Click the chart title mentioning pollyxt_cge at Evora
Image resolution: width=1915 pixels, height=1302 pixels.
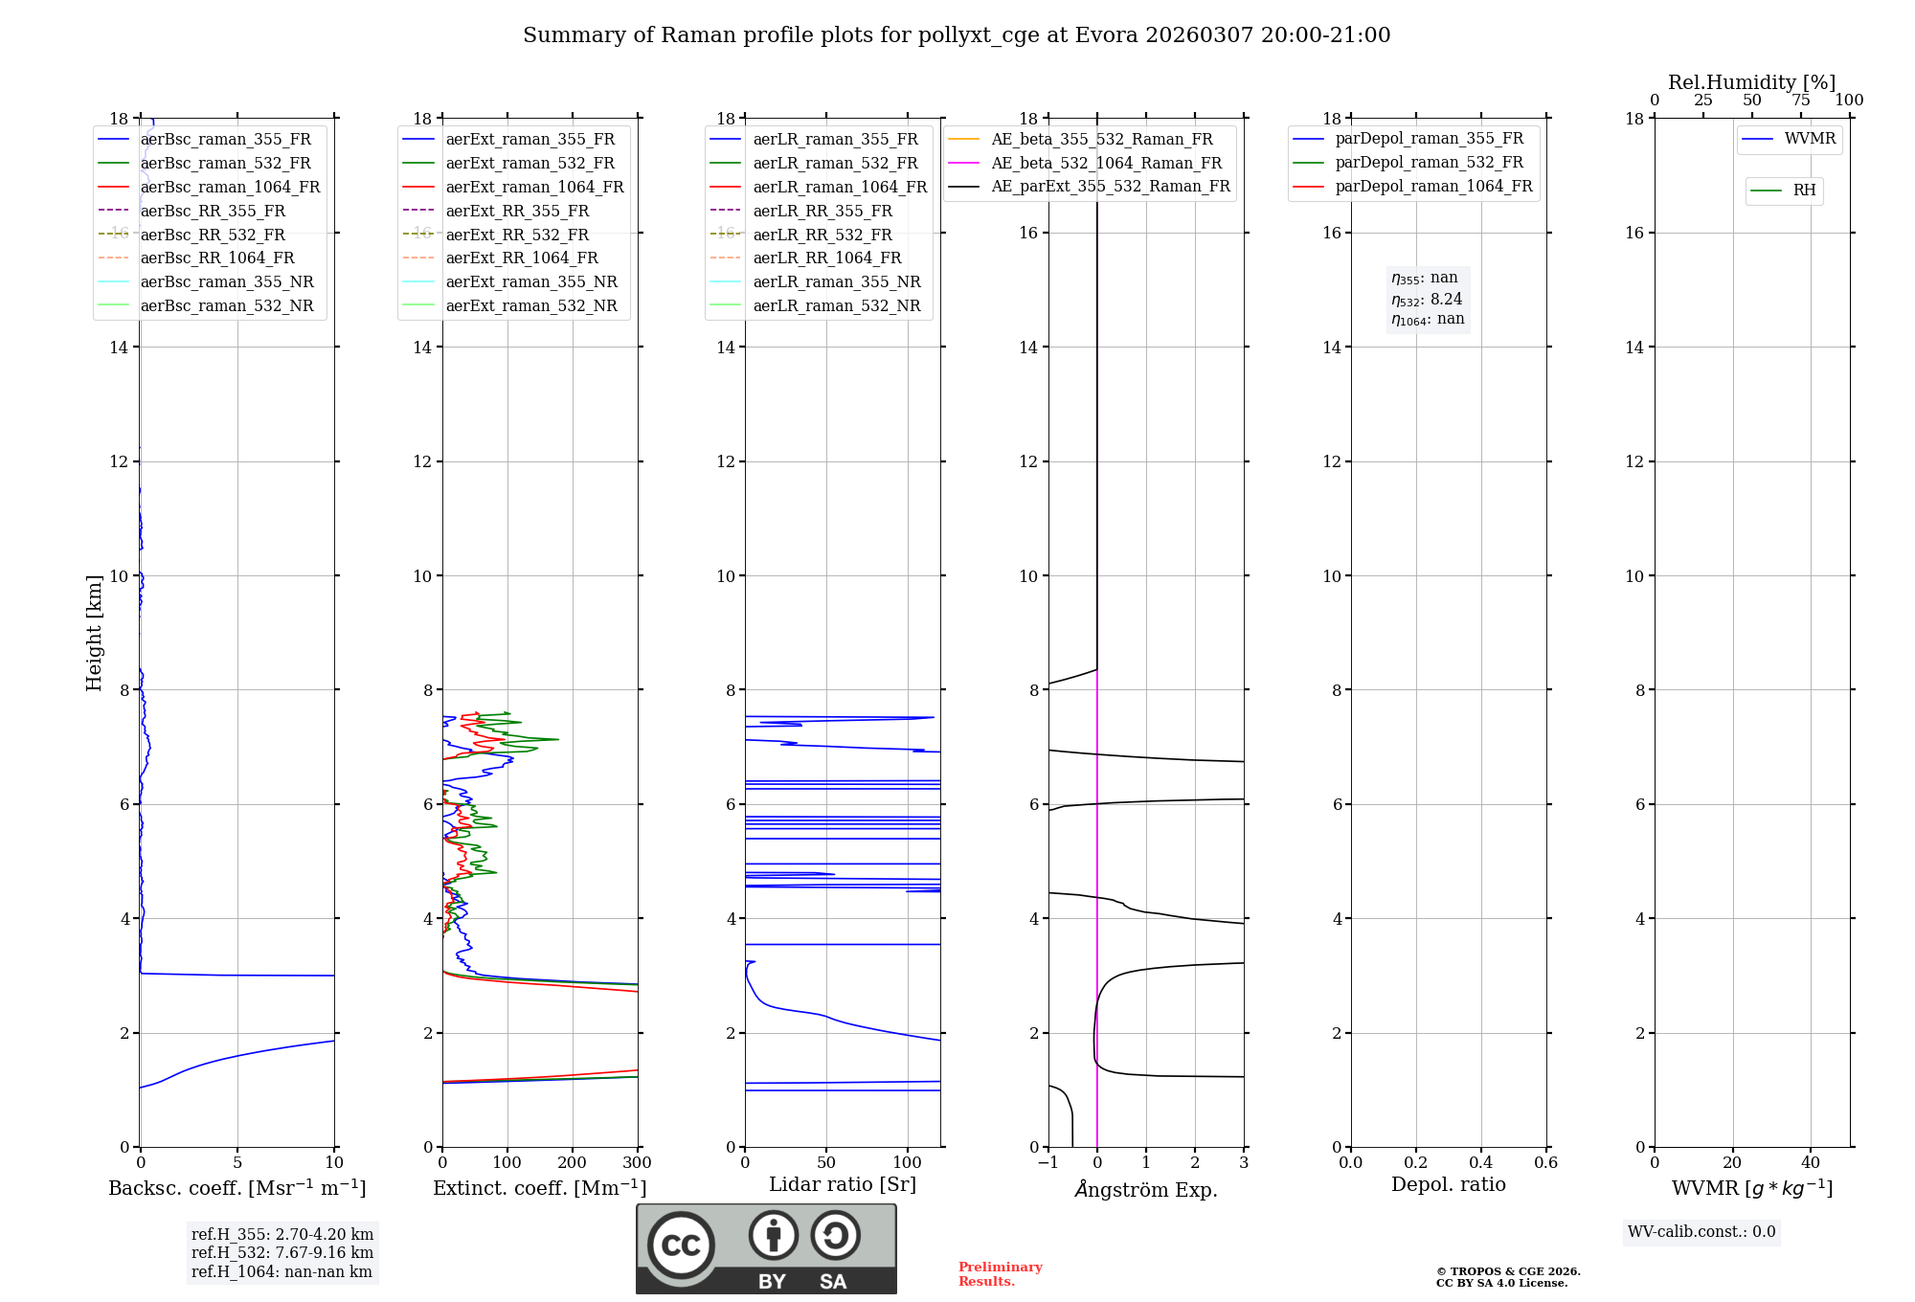point(957,35)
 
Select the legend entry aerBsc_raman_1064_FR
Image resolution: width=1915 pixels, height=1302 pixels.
point(230,187)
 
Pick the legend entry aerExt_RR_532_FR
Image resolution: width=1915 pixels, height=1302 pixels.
point(517,235)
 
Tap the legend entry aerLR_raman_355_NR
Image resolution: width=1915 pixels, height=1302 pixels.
point(836,281)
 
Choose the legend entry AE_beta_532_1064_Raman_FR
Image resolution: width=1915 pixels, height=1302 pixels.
point(1106,163)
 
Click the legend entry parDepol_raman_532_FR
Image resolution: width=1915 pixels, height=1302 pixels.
point(1429,163)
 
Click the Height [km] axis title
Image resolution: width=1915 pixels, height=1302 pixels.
point(94,633)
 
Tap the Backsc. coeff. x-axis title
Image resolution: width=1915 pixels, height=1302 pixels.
point(237,1188)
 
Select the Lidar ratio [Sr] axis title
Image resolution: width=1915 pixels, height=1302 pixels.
point(843,1184)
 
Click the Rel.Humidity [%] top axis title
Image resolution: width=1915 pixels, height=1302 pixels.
point(1751,82)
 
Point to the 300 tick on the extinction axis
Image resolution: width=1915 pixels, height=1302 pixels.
point(637,1163)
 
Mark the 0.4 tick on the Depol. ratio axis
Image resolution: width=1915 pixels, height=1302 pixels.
point(1481,1163)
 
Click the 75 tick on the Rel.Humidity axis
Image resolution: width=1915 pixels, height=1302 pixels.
point(1801,101)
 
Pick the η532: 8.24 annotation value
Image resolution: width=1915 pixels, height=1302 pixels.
point(1427,300)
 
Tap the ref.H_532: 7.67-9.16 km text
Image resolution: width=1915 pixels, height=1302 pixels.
point(282,1252)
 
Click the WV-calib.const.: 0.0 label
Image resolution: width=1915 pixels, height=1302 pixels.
point(1701,1232)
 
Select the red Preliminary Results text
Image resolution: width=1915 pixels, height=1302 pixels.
point(1000,1274)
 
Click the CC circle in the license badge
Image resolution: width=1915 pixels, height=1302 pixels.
point(681,1246)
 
